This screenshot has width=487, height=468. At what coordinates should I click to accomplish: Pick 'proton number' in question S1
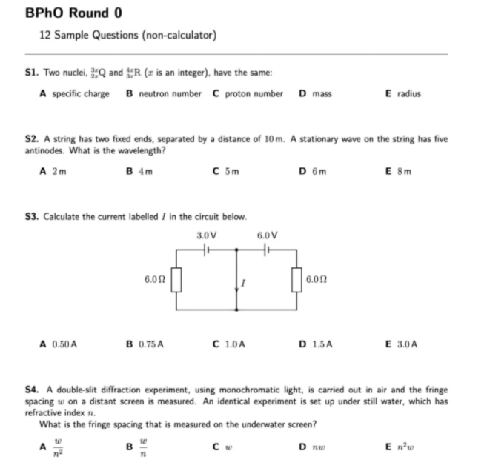tap(254, 94)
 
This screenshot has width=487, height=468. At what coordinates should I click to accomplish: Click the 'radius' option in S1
tap(408, 94)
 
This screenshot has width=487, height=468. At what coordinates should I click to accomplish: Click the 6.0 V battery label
tap(266, 235)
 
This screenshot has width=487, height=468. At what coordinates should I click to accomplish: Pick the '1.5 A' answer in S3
tap(319, 344)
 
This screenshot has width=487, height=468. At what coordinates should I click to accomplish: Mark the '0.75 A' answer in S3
tap(150, 344)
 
